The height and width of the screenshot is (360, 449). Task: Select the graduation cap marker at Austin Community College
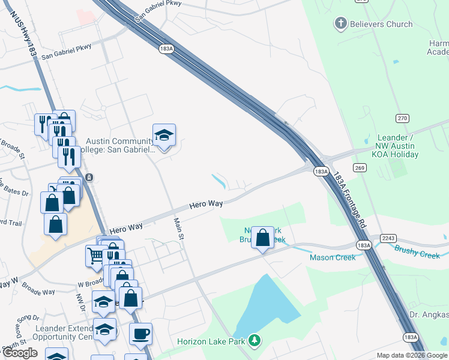(x=163, y=135)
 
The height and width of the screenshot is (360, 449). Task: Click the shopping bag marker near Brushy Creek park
(x=262, y=238)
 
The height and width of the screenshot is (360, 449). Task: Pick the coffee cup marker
(x=140, y=334)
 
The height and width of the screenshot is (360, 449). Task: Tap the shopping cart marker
(x=96, y=256)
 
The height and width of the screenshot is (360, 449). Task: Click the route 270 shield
(x=402, y=118)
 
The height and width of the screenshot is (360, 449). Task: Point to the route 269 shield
(x=360, y=167)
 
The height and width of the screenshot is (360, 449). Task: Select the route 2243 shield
(x=388, y=238)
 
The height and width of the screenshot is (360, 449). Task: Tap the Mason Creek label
(x=332, y=257)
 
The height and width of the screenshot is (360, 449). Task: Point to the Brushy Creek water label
(x=417, y=254)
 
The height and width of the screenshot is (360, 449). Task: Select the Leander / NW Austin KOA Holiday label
(x=406, y=146)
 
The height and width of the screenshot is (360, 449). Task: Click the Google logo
(x=20, y=353)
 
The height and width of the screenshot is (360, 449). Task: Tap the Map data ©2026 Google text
(x=412, y=355)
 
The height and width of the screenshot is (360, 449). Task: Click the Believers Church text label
(x=382, y=24)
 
